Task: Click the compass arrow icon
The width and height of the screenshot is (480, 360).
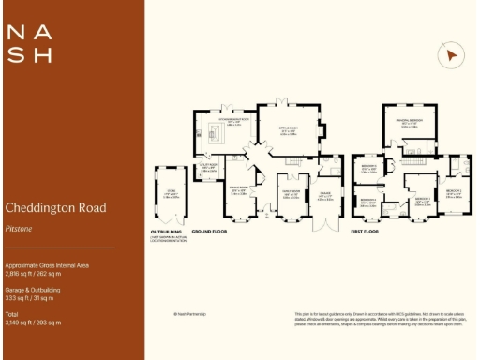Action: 452,55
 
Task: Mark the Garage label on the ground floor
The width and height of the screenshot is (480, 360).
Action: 324,195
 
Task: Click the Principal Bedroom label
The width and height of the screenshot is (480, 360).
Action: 408,122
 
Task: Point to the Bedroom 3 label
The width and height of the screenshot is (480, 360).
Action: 369,170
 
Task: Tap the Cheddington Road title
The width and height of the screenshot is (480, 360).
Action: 55,207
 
